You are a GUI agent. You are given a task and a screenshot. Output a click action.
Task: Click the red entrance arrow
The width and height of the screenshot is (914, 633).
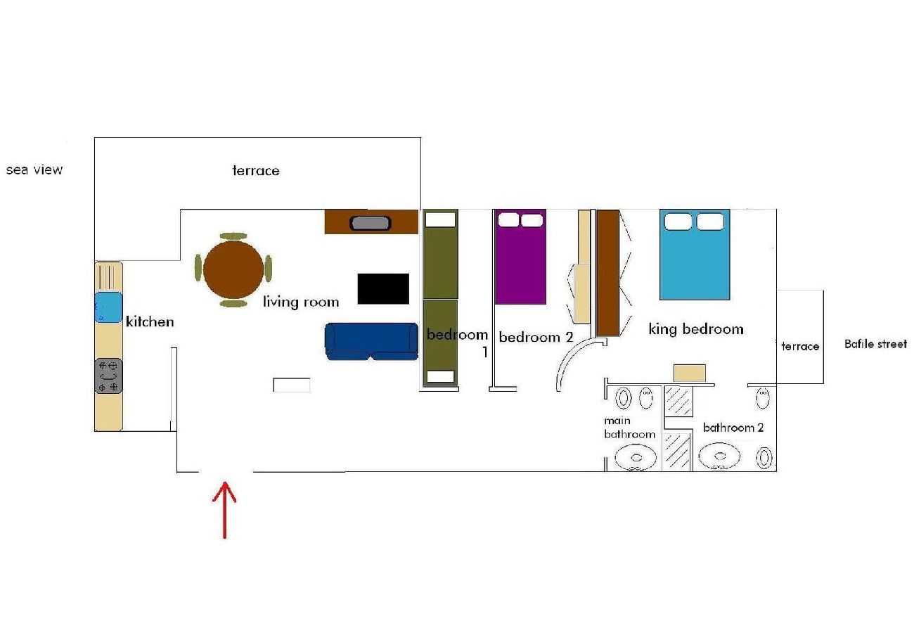tap(224, 510)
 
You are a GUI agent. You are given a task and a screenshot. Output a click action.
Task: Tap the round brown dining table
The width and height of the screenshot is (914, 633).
tap(233, 269)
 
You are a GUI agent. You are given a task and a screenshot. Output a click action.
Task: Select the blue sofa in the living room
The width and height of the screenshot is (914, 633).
tap(371, 341)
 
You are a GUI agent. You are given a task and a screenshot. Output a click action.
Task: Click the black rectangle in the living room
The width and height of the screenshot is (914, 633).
tap(383, 289)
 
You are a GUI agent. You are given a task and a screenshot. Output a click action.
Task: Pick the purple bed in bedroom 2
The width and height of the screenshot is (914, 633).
tap(520, 257)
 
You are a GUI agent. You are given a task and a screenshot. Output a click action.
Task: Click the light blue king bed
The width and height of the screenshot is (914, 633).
tap(695, 255)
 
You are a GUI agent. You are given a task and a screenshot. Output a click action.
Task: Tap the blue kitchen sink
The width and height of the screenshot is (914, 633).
tap(108, 307)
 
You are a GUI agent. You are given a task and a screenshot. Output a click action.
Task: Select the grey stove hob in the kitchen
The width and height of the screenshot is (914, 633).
tap(108, 376)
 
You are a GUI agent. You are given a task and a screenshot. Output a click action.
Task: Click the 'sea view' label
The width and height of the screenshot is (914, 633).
tap(34, 170)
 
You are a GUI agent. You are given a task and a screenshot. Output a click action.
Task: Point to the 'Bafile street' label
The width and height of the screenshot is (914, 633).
tap(875, 344)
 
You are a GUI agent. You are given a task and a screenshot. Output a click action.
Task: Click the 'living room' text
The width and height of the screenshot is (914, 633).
tap(301, 302)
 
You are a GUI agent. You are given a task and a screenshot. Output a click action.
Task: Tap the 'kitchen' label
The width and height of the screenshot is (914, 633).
tap(150, 321)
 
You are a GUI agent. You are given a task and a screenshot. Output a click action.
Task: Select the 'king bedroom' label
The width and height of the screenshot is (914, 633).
tap(696, 329)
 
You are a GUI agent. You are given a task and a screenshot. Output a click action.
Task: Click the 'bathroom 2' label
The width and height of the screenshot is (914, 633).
tap(733, 428)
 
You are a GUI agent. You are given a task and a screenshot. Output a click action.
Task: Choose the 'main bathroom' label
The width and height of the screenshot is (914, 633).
tap(629, 428)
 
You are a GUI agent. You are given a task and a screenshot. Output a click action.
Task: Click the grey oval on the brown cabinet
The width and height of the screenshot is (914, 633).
tap(370, 223)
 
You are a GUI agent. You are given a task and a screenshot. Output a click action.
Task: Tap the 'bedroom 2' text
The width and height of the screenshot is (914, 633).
tap(536, 337)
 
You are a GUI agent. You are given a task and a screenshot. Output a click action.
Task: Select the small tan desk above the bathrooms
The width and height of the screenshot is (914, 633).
tap(690, 373)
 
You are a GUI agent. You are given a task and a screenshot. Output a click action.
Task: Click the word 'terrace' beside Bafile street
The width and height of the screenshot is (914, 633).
tap(800, 346)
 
